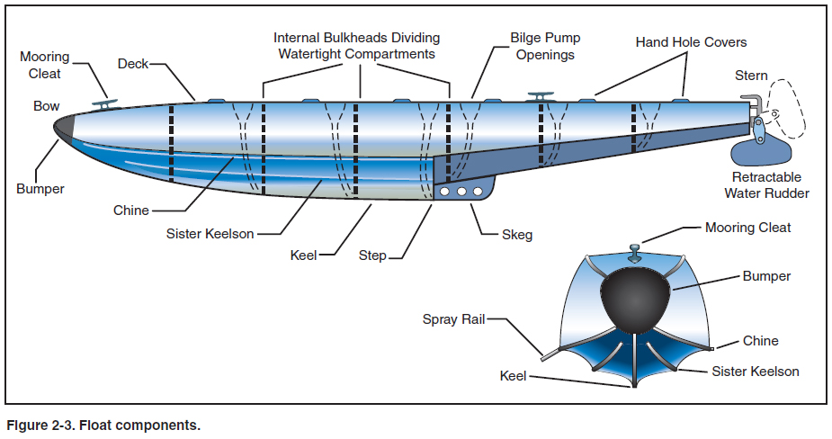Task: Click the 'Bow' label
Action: (x=47, y=106)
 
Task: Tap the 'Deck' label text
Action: (x=132, y=64)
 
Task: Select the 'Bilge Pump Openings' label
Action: (x=545, y=46)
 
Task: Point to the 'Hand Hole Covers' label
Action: (x=691, y=42)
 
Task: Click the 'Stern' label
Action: (x=751, y=76)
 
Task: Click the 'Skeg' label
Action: (x=517, y=236)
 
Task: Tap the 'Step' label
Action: (x=371, y=255)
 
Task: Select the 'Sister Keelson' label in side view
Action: (x=210, y=234)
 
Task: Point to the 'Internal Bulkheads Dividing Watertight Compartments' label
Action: (x=357, y=46)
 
